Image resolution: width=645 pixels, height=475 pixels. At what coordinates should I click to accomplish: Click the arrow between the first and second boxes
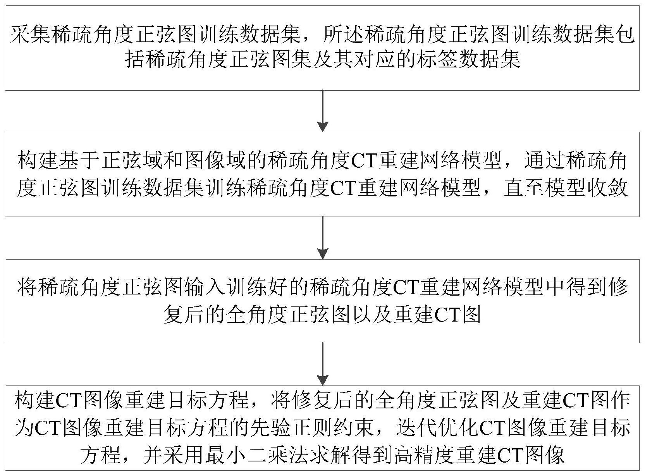323,111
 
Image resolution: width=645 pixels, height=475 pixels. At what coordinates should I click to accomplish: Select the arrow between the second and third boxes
323,237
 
